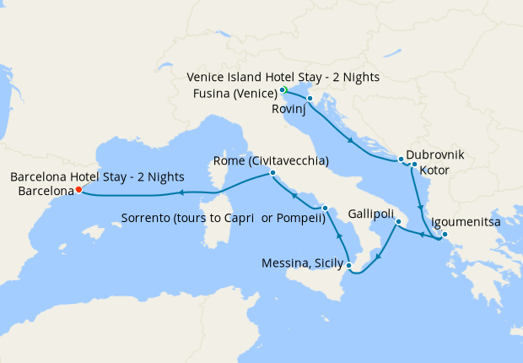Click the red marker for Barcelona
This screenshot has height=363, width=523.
pyautogui.click(x=78, y=190)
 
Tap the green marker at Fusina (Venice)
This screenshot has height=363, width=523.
pyautogui.click(x=285, y=90)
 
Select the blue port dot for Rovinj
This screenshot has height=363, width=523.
pyautogui.click(x=310, y=99)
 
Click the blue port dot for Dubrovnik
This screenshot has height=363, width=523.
pyautogui.click(x=400, y=159)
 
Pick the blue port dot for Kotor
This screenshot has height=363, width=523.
pyautogui.click(x=414, y=165)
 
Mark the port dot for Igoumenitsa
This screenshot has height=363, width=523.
pyautogui.click(x=445, y=235)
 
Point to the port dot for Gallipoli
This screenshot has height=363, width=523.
pyautogui.click(x=398, y=223)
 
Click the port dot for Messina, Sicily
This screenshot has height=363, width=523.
pyautogui.click(x=348, y=265)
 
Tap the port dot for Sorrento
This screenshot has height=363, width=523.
pyautogui.click(x=325, y=208)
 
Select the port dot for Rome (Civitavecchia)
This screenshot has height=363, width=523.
pyautogui.click(x=272, y=173)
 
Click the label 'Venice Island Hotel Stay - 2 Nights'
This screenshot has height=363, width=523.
pyautogui.click(x=283, y=78)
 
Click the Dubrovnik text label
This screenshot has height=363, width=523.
pyautogui.click(x=434, y=156)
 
